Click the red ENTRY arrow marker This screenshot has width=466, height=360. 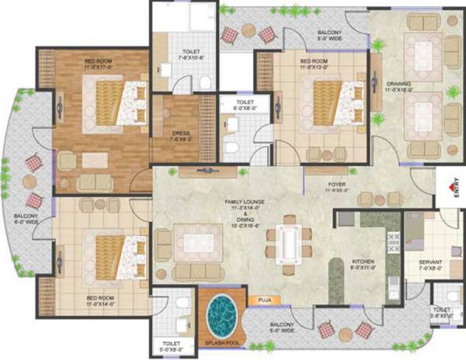[450, 186]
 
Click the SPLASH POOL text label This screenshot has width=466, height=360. [222, 342]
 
